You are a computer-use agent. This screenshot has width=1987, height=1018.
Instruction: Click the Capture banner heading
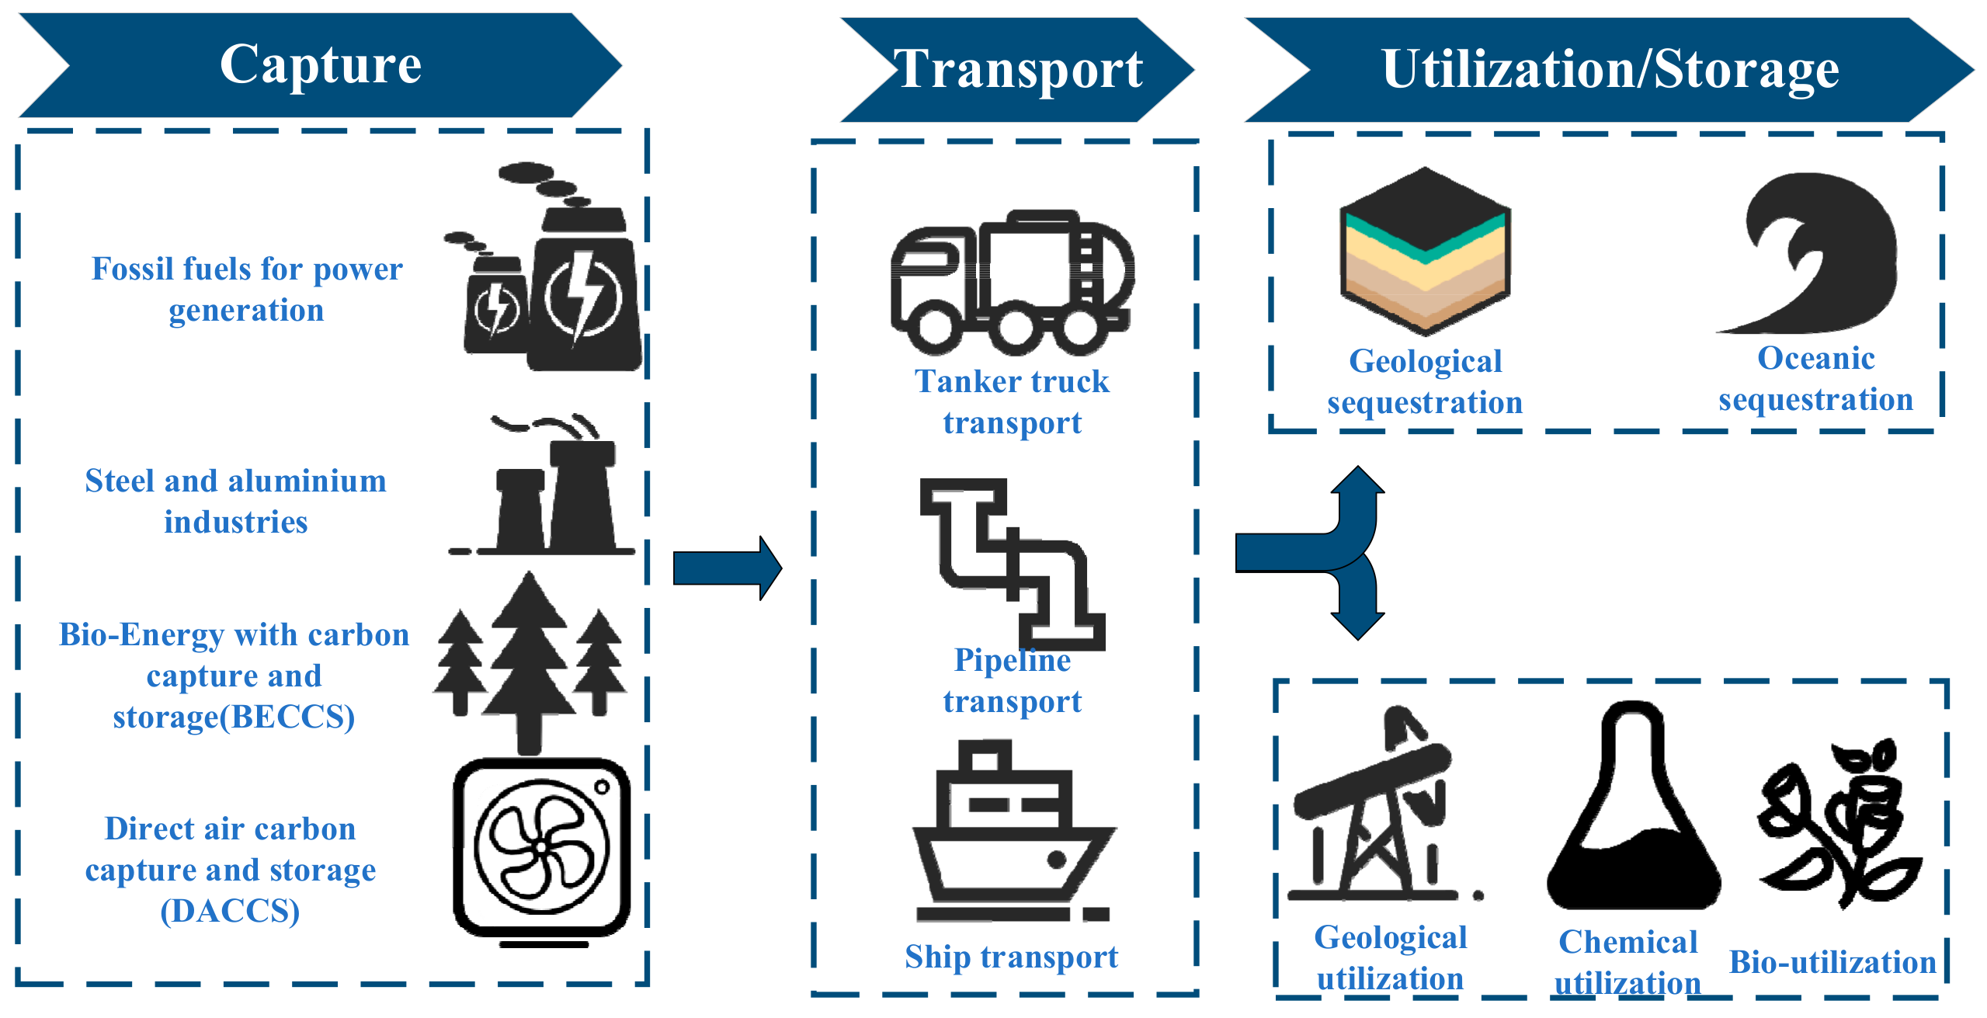[320, 65]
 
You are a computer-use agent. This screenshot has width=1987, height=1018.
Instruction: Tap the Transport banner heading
[1017, 70]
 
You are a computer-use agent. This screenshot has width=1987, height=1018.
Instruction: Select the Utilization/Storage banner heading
[1610, 70]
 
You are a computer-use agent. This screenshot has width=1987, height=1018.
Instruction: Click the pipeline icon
[1012, 563]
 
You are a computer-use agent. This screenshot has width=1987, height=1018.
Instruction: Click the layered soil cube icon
[1425, 252]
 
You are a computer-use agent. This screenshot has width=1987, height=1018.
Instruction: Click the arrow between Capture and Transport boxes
[726, 568]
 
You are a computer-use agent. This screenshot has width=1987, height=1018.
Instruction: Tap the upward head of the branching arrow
[1357, 481]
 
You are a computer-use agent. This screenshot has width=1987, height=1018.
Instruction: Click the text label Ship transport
[1012, 957]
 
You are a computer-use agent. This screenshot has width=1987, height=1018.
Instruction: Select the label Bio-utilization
[1832, 962]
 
